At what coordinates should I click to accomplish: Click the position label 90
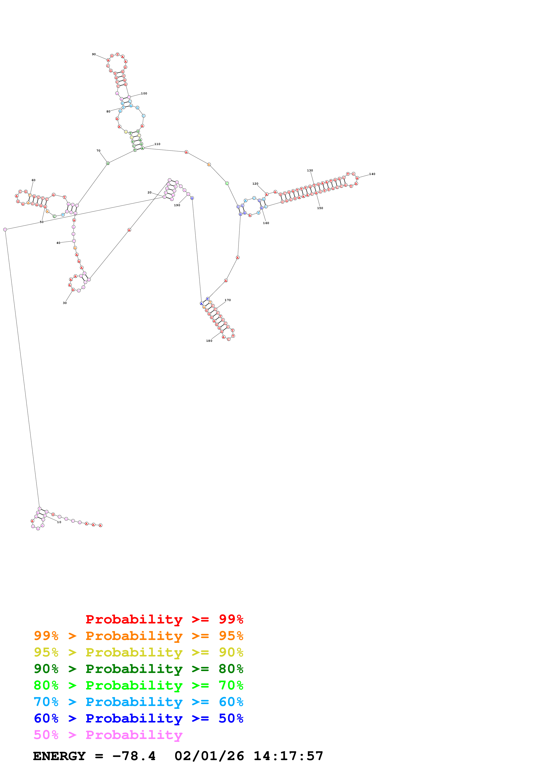(94, 54)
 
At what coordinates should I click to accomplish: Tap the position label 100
(144, 94)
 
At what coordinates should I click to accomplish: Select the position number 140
(372, 174)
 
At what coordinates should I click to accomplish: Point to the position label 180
(209, 341)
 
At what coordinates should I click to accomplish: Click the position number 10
(59, 522)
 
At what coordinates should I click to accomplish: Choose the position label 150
(320, 208)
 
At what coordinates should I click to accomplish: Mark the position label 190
(177, 205)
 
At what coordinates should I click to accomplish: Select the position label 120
(255, 184)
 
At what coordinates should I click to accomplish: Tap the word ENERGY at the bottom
(59, 756)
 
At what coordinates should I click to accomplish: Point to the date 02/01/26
(209, 756)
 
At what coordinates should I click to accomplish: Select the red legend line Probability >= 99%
(164, 619)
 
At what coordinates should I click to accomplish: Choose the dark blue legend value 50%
(231, 719)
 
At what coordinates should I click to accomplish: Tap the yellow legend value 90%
(231, 652)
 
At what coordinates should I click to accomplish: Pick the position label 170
(228, 300)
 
